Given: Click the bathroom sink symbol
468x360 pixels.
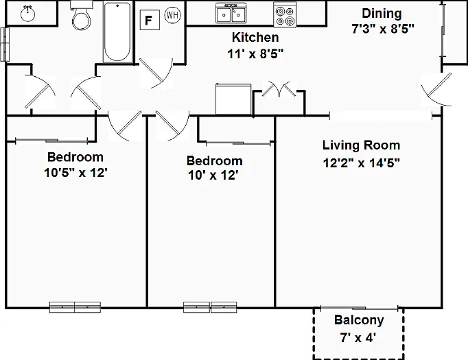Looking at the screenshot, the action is [x=27, y=14].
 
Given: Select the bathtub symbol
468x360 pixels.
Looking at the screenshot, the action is [x=117, y=32].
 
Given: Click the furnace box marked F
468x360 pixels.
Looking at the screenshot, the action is [x=150, y=20].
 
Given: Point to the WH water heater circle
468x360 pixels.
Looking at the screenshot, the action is [x=173, y=14].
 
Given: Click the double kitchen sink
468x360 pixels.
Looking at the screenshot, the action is [x=231, y=14].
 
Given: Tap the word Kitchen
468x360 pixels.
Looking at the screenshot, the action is [x=255, y=37].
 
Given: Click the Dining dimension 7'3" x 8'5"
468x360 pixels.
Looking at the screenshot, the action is [x=383, y=29].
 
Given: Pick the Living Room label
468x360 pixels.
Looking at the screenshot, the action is [x=361, y=145].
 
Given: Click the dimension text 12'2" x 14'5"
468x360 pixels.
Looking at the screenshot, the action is [x=361, y=163].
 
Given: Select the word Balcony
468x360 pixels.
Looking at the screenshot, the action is [x=359, y=320].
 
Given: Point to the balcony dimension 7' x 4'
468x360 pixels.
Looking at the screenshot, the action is [x=358, y=337].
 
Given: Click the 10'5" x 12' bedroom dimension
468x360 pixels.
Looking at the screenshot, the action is [x=75, y=172].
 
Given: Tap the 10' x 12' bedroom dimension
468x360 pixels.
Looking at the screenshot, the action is [x=213, y=175].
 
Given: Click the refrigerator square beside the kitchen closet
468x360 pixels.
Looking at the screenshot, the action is [x=233, y=99].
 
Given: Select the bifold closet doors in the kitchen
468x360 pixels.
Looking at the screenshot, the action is [x=279, y=88].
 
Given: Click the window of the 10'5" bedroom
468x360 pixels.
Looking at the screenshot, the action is [x=75, y=307].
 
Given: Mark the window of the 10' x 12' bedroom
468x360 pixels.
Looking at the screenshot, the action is [x=210, y=307].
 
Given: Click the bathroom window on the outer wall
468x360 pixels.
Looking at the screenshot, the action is [x=5, y=45].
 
